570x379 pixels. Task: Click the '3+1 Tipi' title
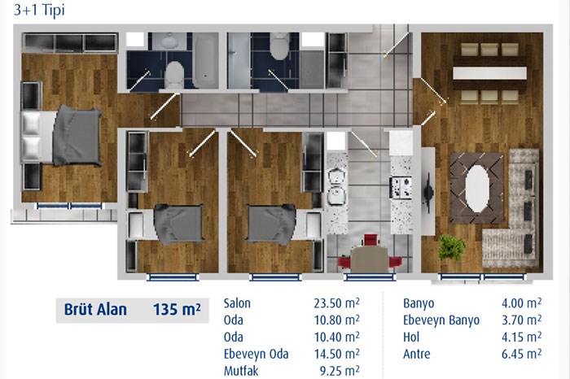(x=39, y=10)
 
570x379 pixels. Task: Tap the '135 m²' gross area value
(x=177, y=310)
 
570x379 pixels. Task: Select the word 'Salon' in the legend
(x=237, y=303)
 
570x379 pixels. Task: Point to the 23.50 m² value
(x=336, y=303)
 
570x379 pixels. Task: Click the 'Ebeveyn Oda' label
(x=256, y=354)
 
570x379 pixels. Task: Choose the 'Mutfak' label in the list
(x=241, y=371)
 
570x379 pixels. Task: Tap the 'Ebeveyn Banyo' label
(x=441, y=320)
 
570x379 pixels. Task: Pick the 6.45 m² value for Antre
(x=522, y=354)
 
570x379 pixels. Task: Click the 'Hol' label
(x=411, y=337)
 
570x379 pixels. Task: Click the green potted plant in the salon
(x=451, y=247)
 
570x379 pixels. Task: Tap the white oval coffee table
(x=476, y=189)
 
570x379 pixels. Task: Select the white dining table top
(x=489, y=73)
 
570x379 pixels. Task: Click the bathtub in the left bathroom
(x=205, y=61)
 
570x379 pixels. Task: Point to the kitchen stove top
(x=401, y=188)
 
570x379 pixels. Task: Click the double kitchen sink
(x=336, y=186)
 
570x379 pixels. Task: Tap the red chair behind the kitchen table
(x=370, y=241)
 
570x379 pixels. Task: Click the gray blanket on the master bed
(x=77, y=135)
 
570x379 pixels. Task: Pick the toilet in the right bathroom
(x=279, y=46)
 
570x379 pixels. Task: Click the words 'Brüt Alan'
(x=95, y=310)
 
